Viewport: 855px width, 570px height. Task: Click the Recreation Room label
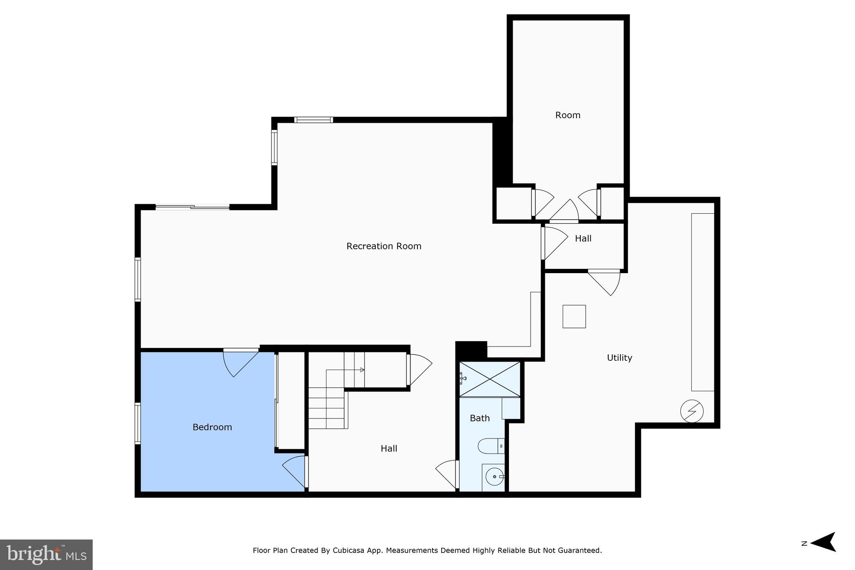tap(384, 246)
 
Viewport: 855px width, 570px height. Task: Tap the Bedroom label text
tap(212, 427)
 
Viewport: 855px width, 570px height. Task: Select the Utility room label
tap(619, 358)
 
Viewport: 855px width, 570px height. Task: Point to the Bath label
tap(480, 418)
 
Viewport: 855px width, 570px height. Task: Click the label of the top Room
tap(567, 115)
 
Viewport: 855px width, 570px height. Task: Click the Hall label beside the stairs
tap(389, 448)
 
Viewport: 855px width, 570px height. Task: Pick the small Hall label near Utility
tap(583, 238)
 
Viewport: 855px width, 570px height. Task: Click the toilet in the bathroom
tap(491, 446)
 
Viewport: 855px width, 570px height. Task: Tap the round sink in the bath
tap(494, 476)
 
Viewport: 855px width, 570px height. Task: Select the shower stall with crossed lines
tap(490, 379)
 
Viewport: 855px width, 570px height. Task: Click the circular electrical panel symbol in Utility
tap(691, 411)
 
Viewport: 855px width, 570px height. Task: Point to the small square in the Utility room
tap(574, 317)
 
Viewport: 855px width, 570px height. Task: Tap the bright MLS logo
tap(46, 555)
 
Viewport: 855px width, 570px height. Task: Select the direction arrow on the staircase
tap(362, 370)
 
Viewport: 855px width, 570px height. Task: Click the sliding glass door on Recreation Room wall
tap(192, 207)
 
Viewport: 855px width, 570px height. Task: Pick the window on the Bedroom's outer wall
tap(137, 423)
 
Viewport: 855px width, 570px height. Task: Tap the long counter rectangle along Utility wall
tap(703, 302)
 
